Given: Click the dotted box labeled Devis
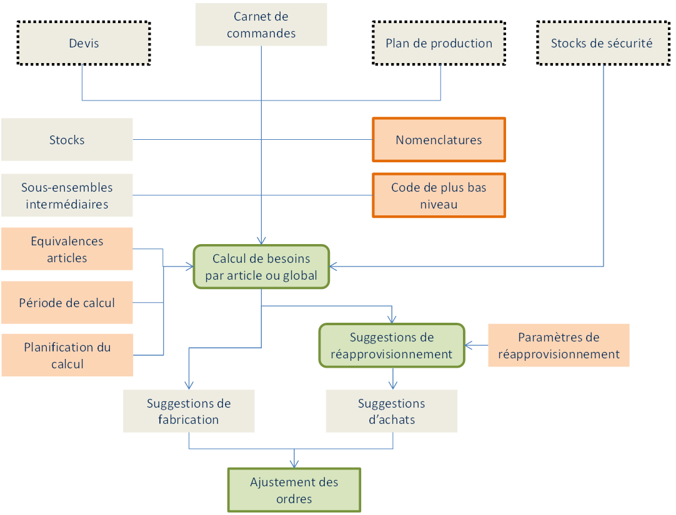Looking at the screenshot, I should (84, 43).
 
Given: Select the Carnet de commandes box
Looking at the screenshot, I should (261, 25).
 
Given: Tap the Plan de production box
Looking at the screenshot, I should (439, 43).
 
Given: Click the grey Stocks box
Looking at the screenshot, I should (67, 140).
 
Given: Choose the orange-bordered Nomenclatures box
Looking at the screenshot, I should (439, 140).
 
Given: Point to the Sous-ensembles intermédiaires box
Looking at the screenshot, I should (67, 195).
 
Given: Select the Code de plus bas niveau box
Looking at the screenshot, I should (439, 195).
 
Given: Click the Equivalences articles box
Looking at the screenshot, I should (67, 249).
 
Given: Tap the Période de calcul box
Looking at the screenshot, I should (67, 303).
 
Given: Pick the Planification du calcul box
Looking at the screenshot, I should (67, 355).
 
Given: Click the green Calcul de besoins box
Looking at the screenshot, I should (261, 267).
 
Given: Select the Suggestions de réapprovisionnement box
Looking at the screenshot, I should (392, 345).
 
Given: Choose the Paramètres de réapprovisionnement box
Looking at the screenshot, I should (559, 345).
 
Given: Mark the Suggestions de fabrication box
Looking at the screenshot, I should (189, 411).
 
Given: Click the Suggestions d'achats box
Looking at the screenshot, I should (392, 411).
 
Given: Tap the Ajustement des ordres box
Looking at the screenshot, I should (294, 490).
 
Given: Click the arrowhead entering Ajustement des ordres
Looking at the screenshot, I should (294, 464).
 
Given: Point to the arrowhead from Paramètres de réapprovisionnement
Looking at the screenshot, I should (469, 345).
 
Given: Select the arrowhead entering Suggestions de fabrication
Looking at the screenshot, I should (189, 386).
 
